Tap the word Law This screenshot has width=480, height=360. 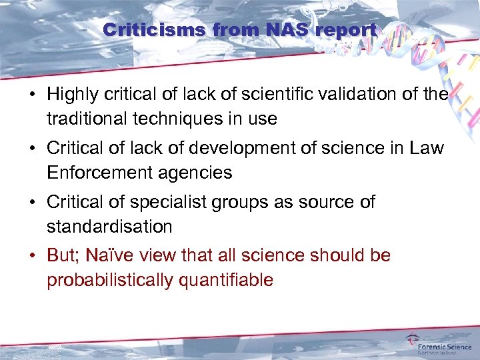427,148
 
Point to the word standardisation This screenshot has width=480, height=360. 109,227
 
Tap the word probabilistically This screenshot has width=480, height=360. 110,280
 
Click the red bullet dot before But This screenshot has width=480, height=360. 32,256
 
